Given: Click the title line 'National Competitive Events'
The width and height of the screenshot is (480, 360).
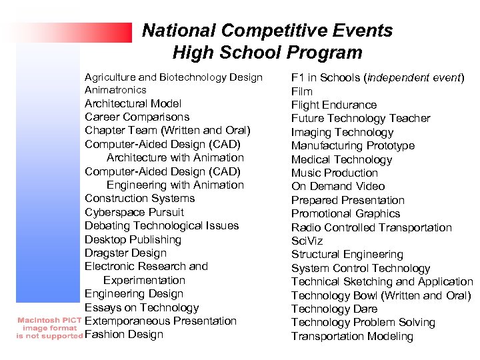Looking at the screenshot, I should [267, 31].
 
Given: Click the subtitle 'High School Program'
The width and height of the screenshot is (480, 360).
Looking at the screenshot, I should [267, 53].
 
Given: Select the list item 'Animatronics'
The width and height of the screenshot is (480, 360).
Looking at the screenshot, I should [115, 90].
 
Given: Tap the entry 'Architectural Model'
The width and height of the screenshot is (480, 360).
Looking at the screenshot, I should [133, 103].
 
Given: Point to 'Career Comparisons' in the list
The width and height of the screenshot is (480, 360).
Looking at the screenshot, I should [137, 117].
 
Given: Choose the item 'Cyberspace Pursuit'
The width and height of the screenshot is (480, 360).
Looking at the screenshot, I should [134, 212].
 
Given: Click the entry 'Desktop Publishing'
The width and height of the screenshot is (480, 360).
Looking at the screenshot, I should [133, 239].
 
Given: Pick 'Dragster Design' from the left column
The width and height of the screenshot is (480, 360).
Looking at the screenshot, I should [125, 253].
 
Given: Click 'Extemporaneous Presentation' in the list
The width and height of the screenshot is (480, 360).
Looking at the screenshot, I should [160, 321].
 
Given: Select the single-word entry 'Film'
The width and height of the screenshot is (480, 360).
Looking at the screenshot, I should [301, 91].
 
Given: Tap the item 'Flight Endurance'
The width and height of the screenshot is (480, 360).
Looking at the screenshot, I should [333, 105].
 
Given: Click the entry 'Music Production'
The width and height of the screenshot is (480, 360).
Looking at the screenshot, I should [334, 173].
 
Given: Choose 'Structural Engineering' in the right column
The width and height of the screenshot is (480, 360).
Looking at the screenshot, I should [347, 254].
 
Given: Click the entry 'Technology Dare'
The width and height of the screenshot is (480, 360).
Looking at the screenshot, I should [334, 309].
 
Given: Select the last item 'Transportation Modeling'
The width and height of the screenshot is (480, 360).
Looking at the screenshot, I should [352, 336].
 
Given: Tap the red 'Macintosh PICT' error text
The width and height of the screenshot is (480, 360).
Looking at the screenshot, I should [48, 320].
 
